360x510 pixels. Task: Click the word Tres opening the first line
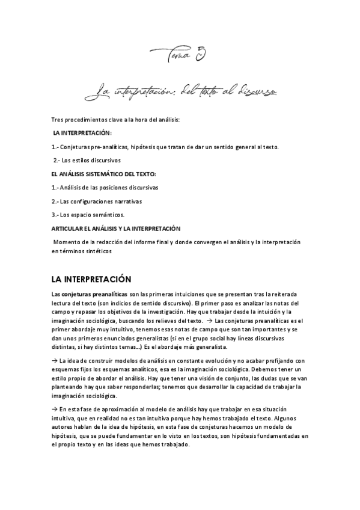point(59,120)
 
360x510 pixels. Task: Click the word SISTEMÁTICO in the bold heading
point(99,174)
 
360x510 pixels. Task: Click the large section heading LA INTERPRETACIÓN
point(96,280)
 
